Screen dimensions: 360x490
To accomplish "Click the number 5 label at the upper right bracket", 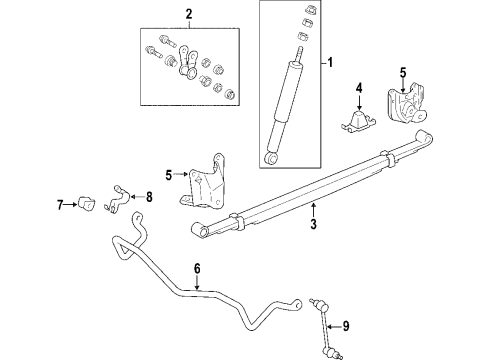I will [x=402, y=72].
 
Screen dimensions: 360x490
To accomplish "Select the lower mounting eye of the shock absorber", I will [x=269, y=157].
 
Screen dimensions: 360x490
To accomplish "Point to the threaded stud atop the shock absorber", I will [x=297, y=49].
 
